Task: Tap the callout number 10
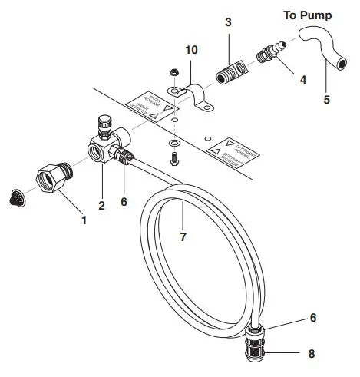point(192,51)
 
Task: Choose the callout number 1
point(85,219)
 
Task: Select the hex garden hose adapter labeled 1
point(54,178)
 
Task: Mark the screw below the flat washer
point(174,157)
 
